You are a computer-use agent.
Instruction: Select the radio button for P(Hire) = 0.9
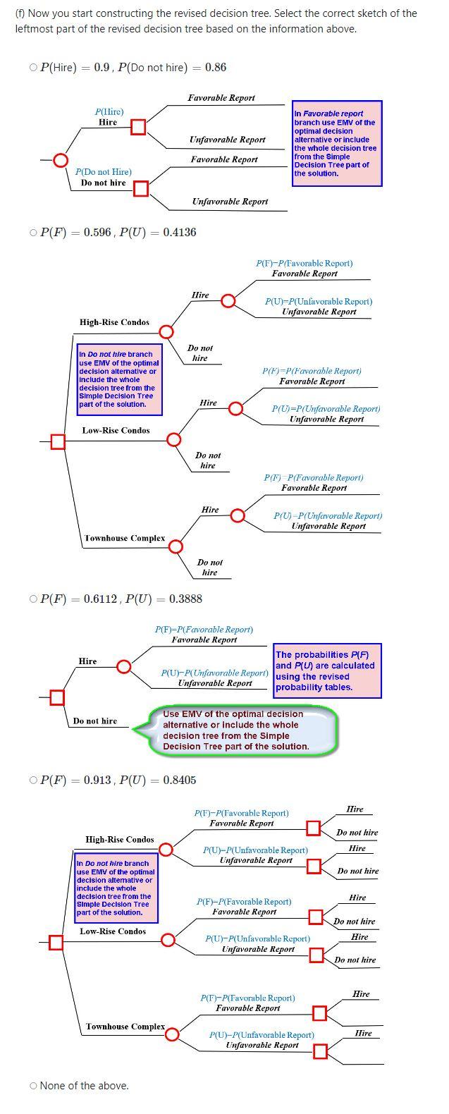(x=33, y=68)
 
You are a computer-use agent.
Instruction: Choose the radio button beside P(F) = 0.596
(x=33, y=232)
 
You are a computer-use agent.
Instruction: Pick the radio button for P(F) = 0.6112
(x=33, y=599)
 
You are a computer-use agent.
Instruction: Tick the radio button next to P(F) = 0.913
(x=33, y=781)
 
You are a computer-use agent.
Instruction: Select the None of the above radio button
(x=33, y=1086)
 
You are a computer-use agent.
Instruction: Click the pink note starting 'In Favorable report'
(x=337, y=143)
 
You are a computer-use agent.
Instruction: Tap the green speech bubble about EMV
(x=236, y=730)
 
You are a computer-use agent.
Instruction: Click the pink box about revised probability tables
(x=327, y=671)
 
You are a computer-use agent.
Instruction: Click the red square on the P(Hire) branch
(x=139, y=127)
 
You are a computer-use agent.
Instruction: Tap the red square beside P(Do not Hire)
(x=141, y=188)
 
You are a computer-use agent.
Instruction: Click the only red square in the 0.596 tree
(x=58, y=441)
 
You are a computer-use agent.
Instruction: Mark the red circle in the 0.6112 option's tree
(x=123, y=666)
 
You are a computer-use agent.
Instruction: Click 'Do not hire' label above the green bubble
(x=95, y=721)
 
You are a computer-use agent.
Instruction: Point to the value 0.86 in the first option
(x=216, y=68)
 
